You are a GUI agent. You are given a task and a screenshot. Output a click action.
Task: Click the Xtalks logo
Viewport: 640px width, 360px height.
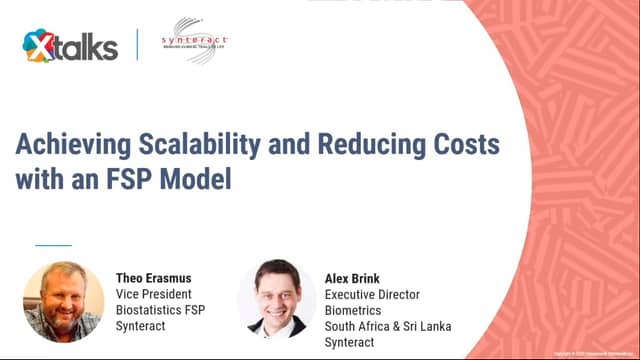click(x=70, y=45)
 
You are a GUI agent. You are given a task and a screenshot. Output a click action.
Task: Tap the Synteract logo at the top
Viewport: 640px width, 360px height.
click(x=194, y=41)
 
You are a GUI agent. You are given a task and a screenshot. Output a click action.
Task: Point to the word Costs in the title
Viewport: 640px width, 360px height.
click(x=464, y=143)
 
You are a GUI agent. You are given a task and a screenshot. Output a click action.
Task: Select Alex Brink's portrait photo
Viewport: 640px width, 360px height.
click(x=277, y=301)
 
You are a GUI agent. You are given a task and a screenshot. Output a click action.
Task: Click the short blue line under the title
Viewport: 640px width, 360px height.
click(x=54, y=244)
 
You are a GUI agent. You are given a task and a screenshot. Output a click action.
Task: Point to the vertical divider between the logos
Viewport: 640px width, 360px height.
click(x=137, y=44)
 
